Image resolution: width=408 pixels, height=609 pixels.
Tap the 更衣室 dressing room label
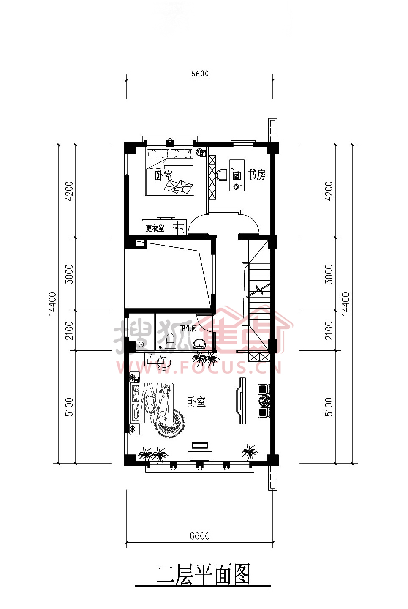click(155, 228)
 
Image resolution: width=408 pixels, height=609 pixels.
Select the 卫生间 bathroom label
click(188, 328)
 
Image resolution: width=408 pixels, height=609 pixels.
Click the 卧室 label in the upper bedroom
click(163, 176)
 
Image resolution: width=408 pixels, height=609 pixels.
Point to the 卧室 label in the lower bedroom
click(196, 402)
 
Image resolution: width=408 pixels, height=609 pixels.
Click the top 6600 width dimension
click(200, 74)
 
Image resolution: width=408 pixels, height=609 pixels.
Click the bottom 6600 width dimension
click(200, 535)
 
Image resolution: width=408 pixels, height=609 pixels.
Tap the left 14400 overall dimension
click(52, 304)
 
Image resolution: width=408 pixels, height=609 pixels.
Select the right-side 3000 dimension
click(329, 274)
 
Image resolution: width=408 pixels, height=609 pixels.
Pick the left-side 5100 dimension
click(70, 407)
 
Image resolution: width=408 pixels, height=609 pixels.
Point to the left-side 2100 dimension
click(70, 330)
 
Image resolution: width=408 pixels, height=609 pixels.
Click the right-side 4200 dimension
click(329, 191)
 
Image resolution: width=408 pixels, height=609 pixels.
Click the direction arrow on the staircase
click(258, 290)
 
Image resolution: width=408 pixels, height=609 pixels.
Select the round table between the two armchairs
click(264, 401)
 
